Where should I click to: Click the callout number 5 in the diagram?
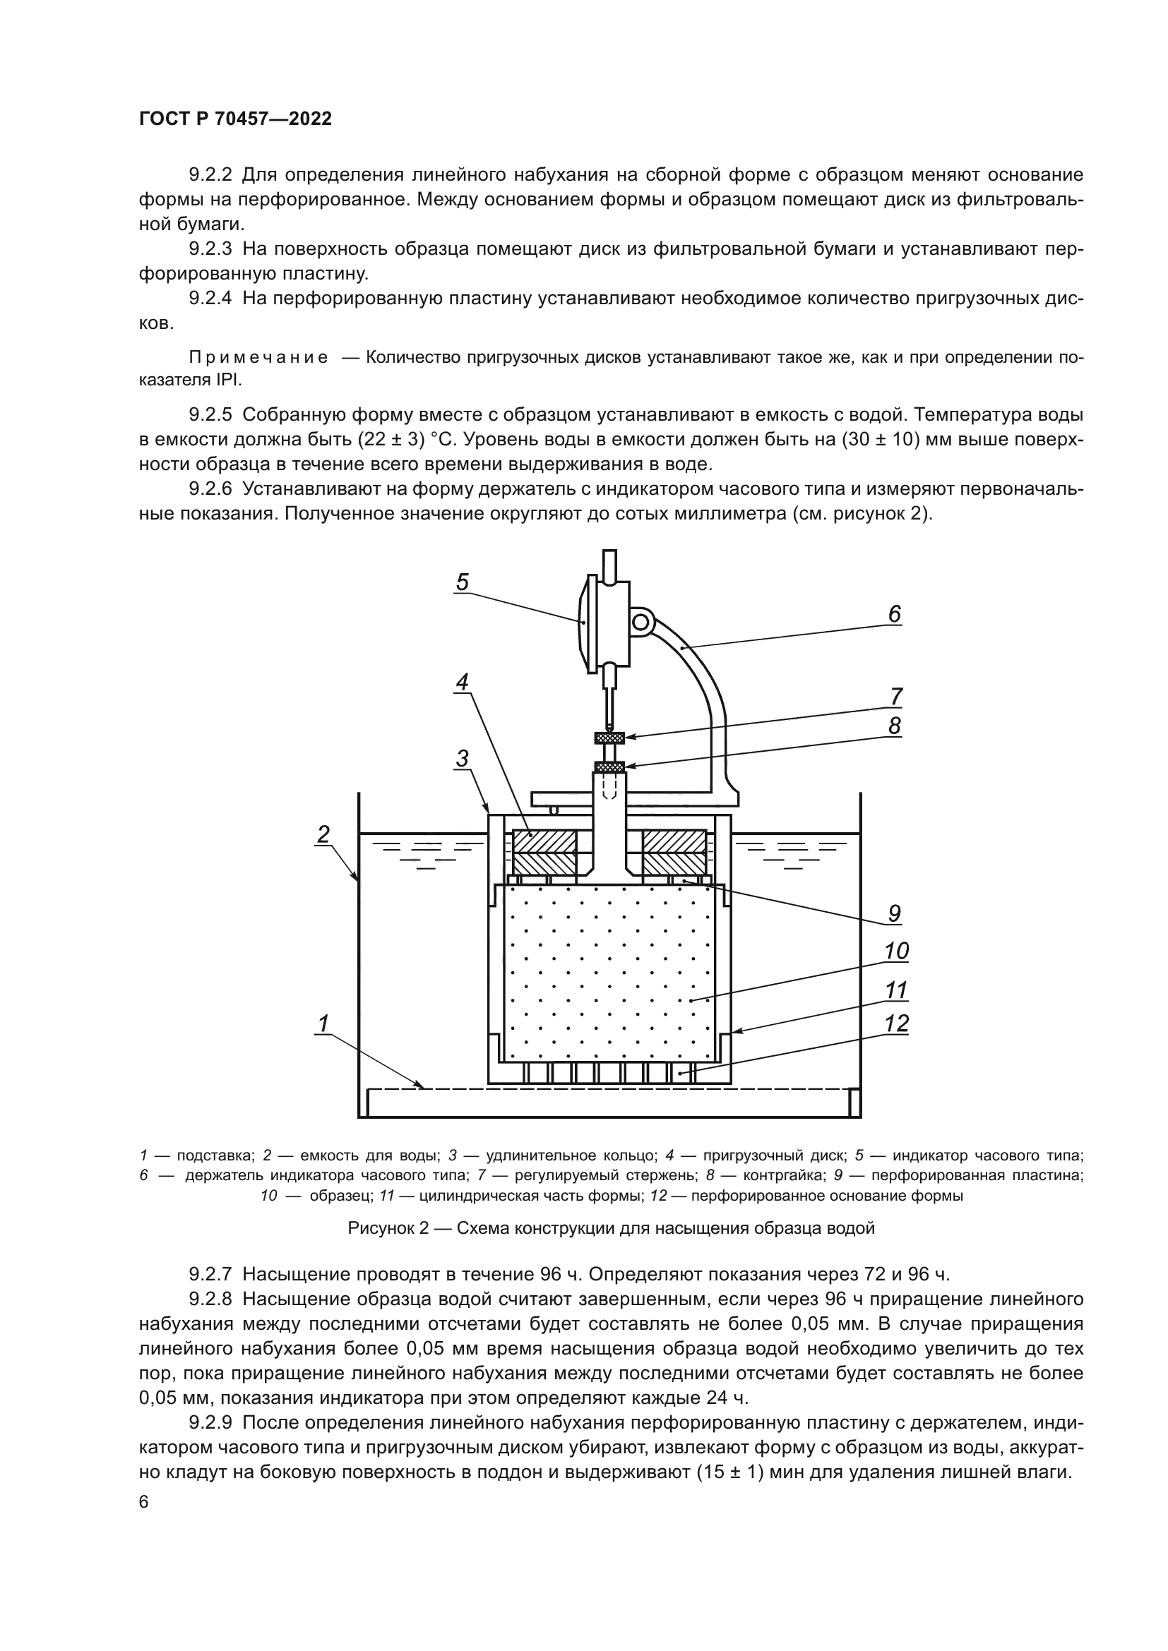[x=462, y=582]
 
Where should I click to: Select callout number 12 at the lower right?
[x=896, y=1023]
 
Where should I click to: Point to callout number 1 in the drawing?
[x=323, y=1023]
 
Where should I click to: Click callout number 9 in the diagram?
[x=894, y=914]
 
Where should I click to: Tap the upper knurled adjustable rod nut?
[x=609, y=737]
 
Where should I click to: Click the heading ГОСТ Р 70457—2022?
[x=236, y=119]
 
